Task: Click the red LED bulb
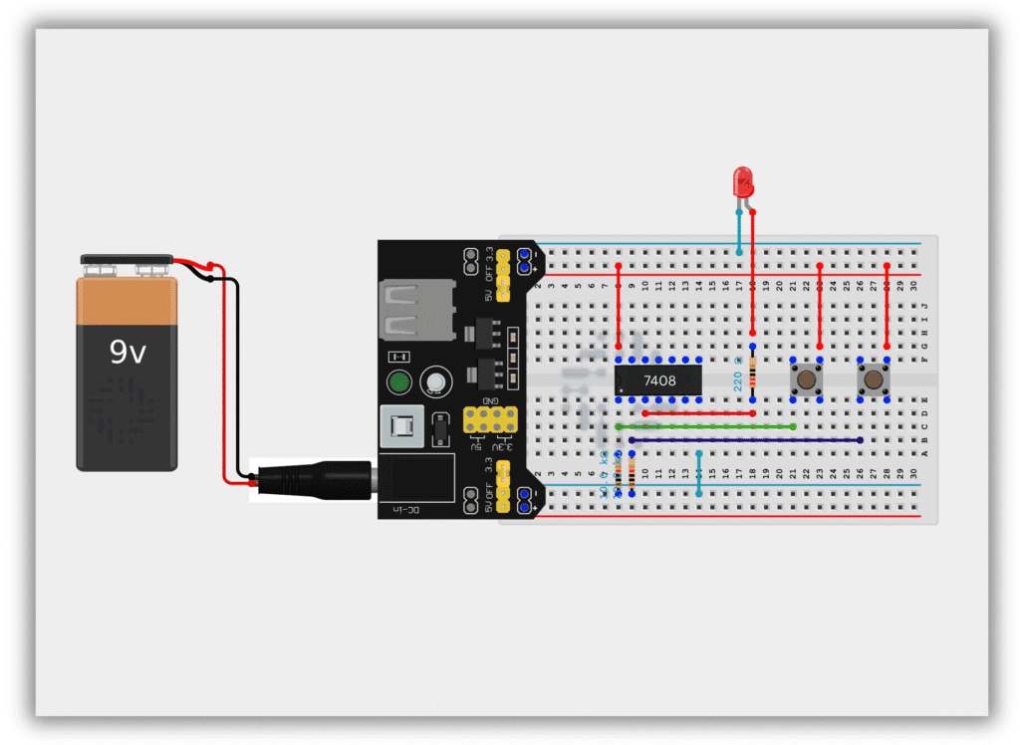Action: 742,181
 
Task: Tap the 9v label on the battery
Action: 128,352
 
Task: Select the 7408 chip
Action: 658,379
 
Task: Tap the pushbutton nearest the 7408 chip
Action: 805,379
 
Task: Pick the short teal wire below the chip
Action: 699,473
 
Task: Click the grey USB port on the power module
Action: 408,310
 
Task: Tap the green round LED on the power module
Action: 399,382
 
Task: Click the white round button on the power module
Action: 434,380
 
